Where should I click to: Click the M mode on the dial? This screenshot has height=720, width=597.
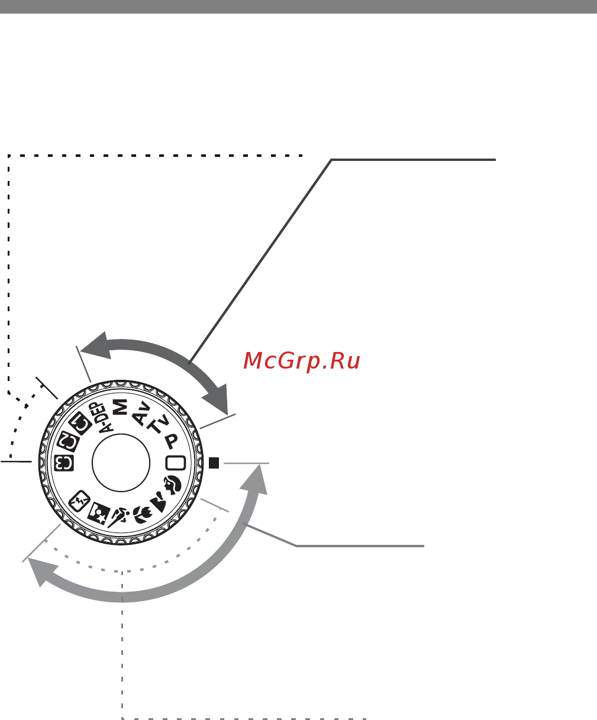120,407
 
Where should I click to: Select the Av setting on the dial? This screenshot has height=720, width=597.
141,413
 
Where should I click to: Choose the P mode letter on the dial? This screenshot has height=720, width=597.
171,441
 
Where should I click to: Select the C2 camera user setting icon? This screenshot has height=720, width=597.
68,441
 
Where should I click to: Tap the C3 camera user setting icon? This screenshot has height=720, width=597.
64,463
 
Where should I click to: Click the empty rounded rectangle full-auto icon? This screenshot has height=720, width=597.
176,463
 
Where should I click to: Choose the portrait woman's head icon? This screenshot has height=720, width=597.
172,485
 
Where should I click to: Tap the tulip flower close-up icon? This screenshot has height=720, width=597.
142,515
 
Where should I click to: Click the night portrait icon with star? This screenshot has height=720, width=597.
98,514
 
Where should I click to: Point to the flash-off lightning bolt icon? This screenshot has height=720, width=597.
79,501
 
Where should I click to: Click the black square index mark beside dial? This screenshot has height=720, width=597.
214,463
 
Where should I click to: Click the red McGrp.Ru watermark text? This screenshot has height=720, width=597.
301,361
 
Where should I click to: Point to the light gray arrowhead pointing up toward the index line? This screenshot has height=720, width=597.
256,480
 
